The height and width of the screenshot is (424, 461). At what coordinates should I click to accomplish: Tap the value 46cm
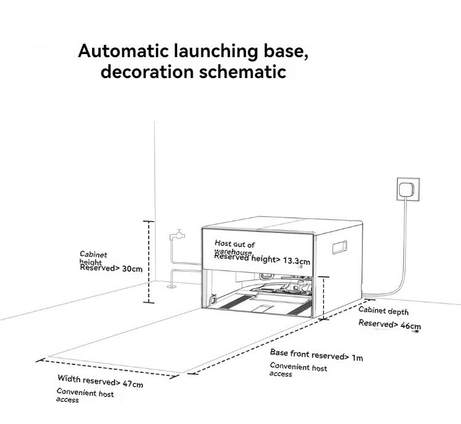click(411, 326)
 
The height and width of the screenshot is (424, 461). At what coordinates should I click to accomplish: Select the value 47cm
click(133, 384)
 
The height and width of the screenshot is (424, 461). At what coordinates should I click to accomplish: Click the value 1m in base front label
click(357, 358)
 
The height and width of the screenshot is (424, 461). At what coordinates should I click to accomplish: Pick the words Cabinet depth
click(384, 312)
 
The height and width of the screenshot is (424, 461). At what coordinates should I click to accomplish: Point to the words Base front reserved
click(305, 355)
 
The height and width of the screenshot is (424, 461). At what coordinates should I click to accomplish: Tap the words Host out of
click(234, 245)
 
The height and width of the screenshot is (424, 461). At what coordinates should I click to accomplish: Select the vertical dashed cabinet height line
click(148, 262)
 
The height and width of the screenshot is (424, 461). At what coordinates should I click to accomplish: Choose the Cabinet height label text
click(93, 257)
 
